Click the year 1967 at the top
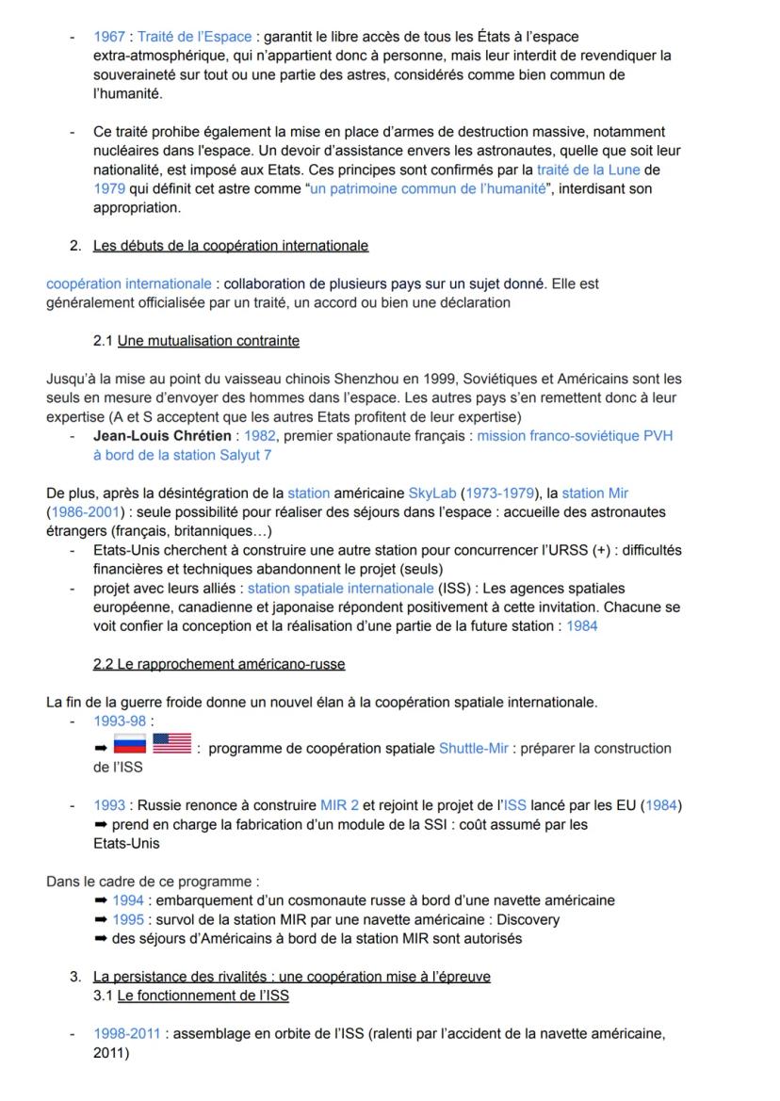coord(109,37)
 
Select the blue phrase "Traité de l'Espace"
coord(195,37)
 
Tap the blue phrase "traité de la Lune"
coord(588,170)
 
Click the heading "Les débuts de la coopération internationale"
coord(231,246)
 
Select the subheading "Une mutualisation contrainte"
coord(209,340)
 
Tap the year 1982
coord(260,436)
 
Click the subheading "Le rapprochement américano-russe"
coord(219,664)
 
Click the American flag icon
coord(171,745)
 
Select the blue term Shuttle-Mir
coord(473,749)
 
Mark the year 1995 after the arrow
coord(127,919)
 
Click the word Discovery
coord(528,919)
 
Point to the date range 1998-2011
coord(128,1034)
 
